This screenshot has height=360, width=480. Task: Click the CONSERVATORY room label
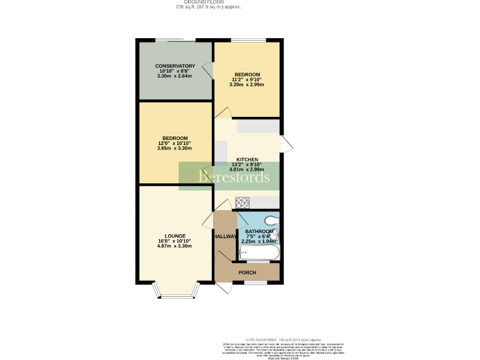[175, 66]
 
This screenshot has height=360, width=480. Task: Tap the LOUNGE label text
[175, 236]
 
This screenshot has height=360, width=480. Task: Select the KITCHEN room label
[247, 159]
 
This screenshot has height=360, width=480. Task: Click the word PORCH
[247, 272]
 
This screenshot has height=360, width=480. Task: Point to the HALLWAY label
[225, 237]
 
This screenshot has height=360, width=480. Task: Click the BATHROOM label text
[259, 231]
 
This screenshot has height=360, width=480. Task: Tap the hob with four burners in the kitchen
[242, 202]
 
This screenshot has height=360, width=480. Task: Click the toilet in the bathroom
[271, 219]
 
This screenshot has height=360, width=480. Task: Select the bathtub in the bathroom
[259, 252]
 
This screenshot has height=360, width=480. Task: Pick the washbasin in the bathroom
[276, 236]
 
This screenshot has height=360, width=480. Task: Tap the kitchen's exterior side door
[286, 144]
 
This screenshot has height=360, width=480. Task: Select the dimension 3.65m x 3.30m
[175, 148]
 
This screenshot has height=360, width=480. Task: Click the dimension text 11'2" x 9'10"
[247, 80]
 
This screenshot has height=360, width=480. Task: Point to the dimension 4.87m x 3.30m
[175, 246]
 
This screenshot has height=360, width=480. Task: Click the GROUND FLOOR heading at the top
[208, 2]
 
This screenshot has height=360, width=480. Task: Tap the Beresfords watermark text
[234, 177]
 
